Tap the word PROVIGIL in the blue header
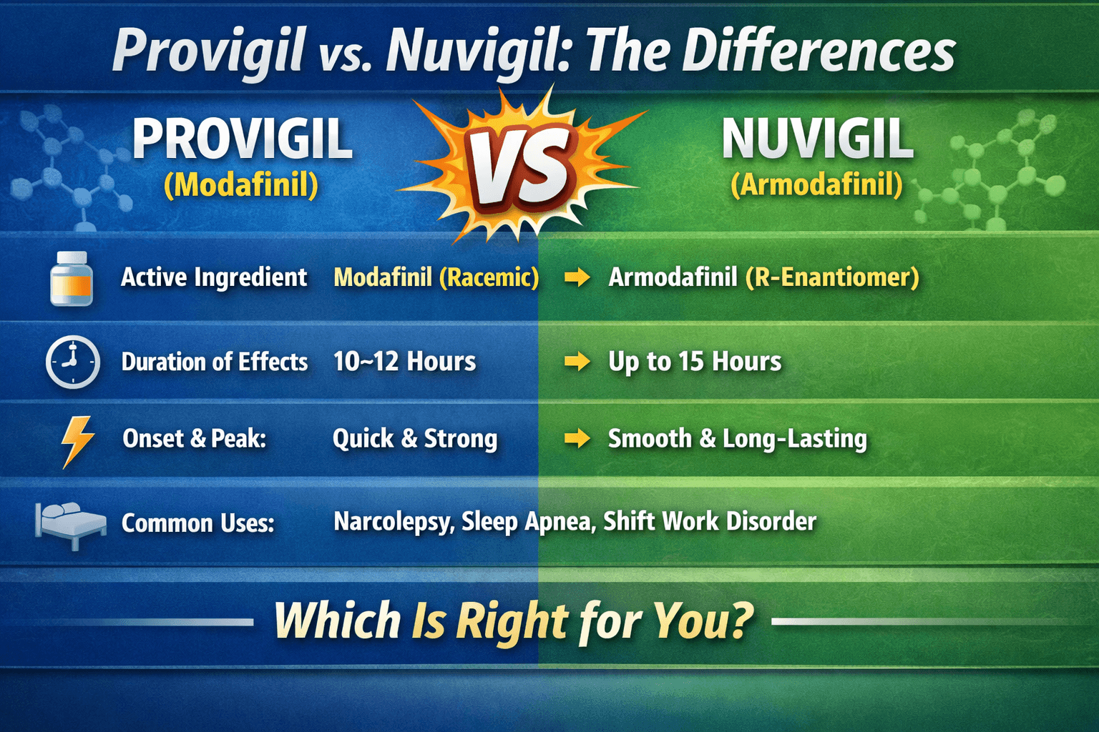coord(242,139)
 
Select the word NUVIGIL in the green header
coord(817,139)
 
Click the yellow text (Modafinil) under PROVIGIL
coord(241,185)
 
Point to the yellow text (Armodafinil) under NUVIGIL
coord(816,185)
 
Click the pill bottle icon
coord(72,278)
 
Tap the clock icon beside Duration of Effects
coord(72,362)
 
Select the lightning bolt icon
coord(77,440)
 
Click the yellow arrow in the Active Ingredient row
coord(577,277)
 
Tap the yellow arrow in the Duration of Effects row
coord(577,362)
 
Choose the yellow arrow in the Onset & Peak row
coord(577,438)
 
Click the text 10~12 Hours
coord(404,362)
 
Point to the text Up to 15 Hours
coord(695,362)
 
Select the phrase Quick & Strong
coord(415,438)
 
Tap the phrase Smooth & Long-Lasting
coord(737,438)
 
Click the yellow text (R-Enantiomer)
coord(832,277)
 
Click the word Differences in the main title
coord(819,51)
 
